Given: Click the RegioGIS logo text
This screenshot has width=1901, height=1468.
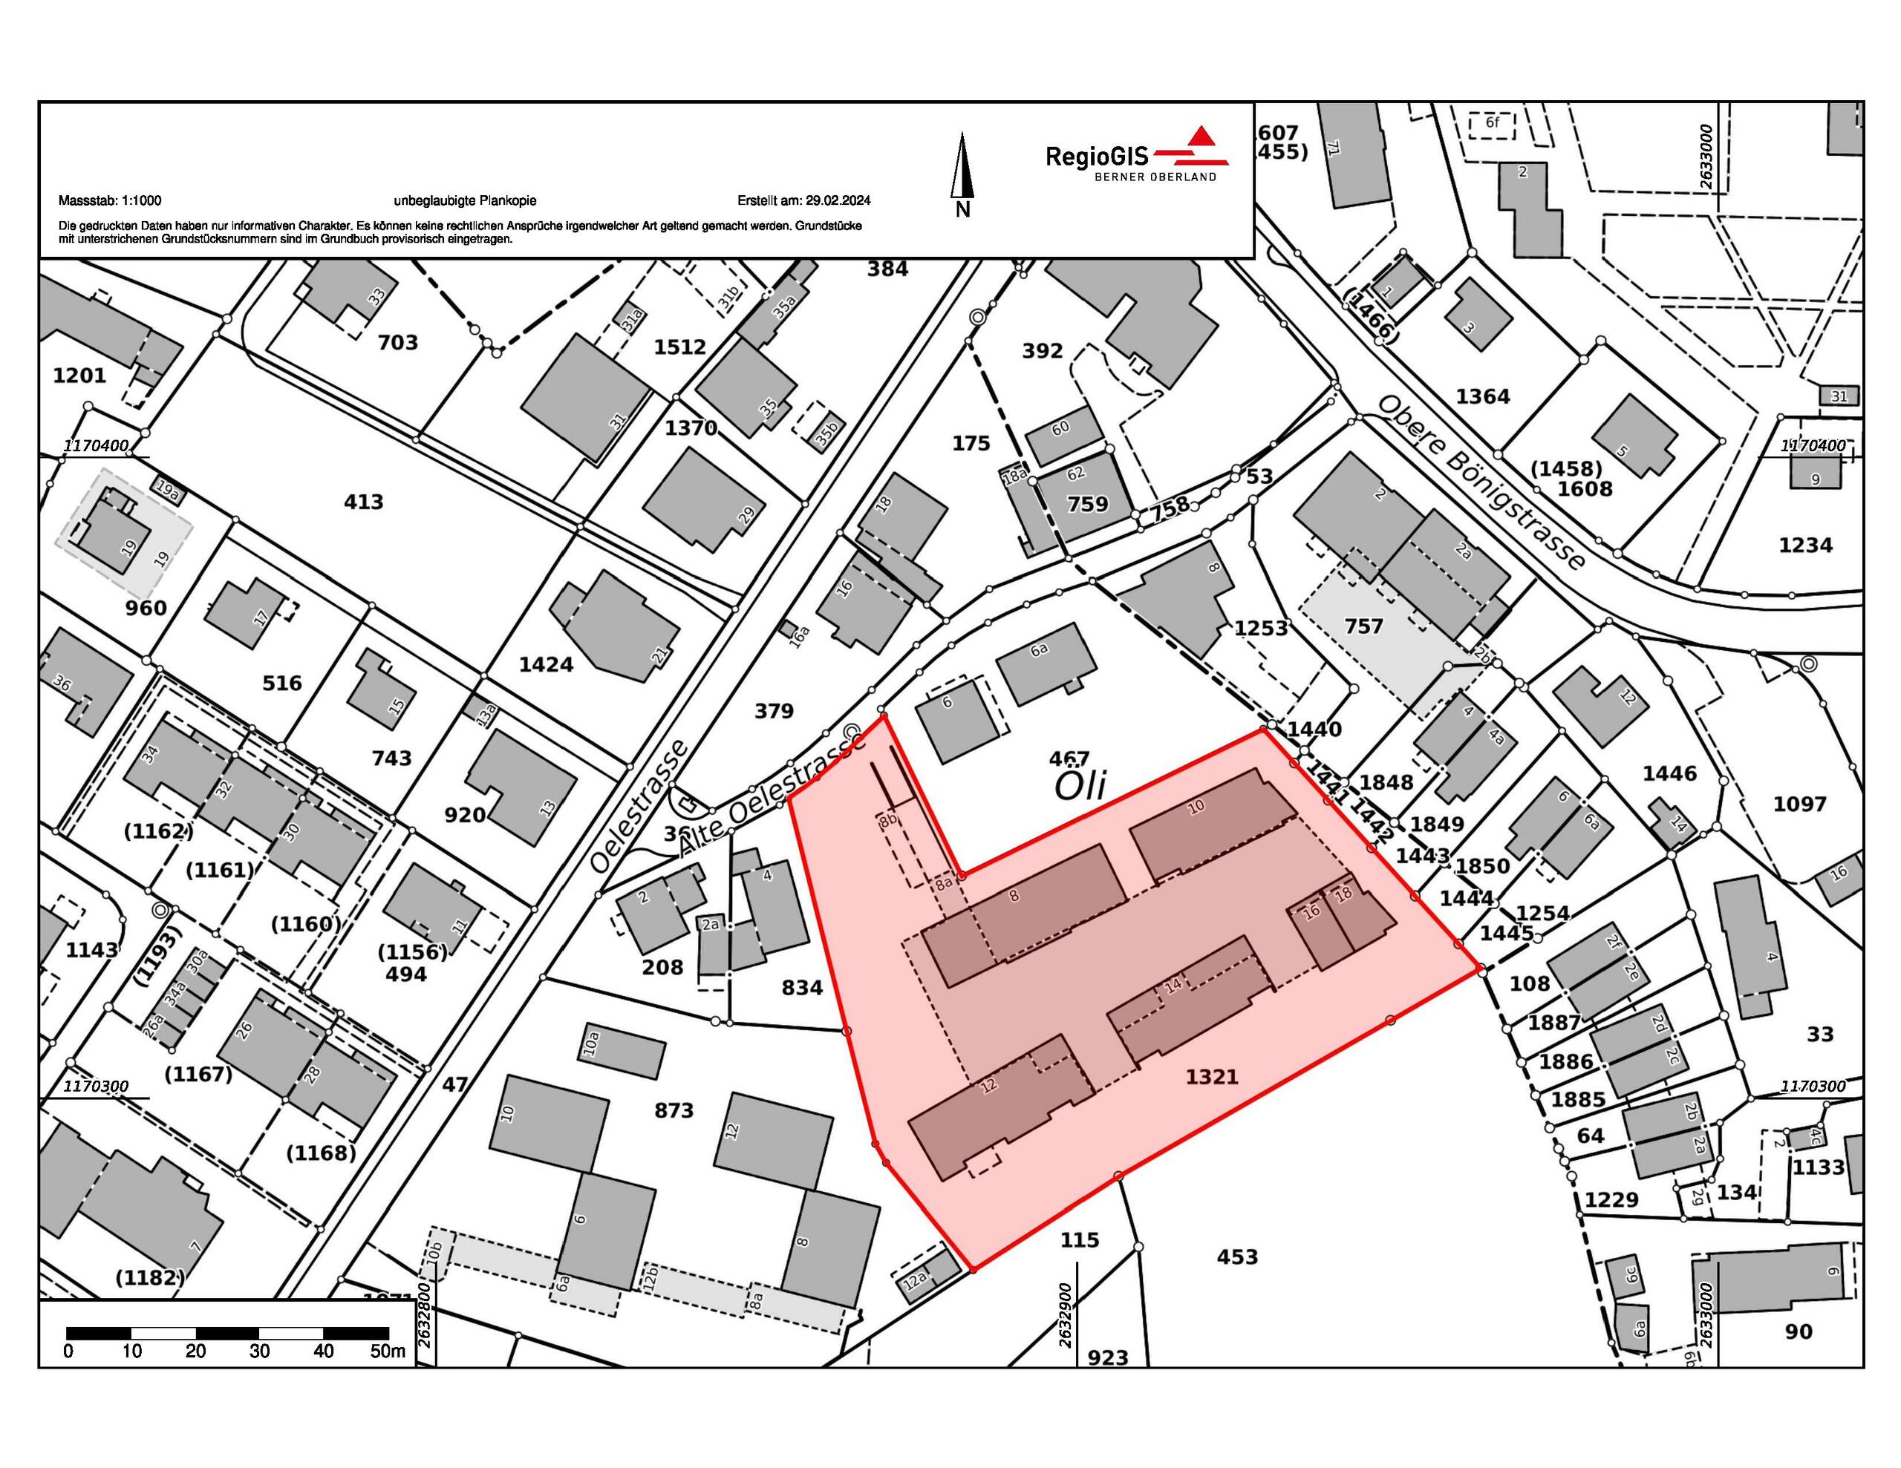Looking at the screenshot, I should pyautogui.click(x=1097, y=156).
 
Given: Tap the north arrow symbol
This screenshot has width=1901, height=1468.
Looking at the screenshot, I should pyautogui.click(x=962, y=166).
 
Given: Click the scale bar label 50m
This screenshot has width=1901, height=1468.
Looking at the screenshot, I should pyautogui.click(x=388, y=1351).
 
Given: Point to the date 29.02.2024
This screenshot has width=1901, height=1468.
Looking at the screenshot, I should pyautogui.click(x=838, y=200).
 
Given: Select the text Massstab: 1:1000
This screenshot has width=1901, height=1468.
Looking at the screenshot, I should pyautogui.click(x=110, y=200).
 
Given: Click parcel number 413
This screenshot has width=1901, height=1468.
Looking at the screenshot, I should pyautogui.click(x=364, y=502).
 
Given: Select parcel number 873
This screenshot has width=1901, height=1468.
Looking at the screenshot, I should pyautogui.click(x=674, y=1110).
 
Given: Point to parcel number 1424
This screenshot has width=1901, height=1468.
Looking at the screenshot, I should pyautogui.click(x=546, y=665).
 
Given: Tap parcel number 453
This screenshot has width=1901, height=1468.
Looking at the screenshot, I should pyautogui.click(x=1237, y=1256).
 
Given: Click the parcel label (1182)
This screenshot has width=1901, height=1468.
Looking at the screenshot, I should pyautogui.click(x=150, y=1277).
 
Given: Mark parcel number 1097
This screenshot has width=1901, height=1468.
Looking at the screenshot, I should pyautogui.click(x=1799, y=804).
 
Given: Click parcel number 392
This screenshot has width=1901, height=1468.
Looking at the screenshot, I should pyautogui.click(x=1042, y=351).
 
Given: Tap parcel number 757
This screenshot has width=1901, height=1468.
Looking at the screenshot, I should pyautogui.click(x=1363, y=626).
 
